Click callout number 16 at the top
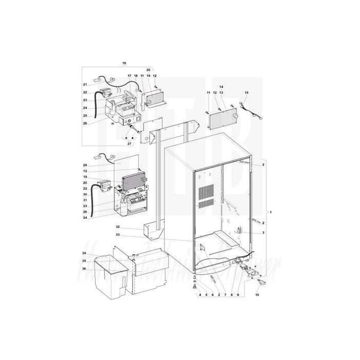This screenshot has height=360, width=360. point(124,63)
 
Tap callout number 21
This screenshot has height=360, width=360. point(85,84)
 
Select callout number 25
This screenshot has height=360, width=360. point(85,115)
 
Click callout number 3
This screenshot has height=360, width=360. point(263,233)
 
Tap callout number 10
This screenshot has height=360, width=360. point(257,295)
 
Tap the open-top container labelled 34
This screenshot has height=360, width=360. point(110,275)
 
